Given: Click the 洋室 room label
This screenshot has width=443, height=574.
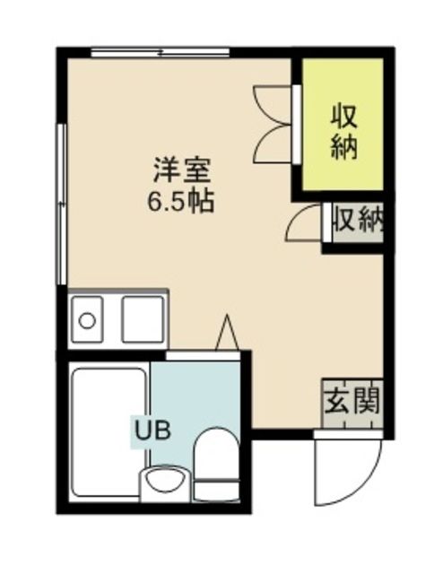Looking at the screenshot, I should [x=180, y=169].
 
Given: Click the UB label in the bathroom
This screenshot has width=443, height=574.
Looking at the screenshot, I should [x=150, y=430].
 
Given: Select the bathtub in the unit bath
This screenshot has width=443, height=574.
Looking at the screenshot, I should [x=109, y=430].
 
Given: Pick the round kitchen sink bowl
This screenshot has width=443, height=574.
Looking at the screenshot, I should [x=88, y=318].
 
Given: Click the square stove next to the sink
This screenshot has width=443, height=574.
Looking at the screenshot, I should [x=143, y=318].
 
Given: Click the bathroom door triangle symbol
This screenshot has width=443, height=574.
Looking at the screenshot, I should [x=227, y=333].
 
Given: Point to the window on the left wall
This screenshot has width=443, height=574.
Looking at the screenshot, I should [x=62, y=206].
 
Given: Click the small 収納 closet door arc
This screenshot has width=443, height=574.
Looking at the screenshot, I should [x=304, y=224].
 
